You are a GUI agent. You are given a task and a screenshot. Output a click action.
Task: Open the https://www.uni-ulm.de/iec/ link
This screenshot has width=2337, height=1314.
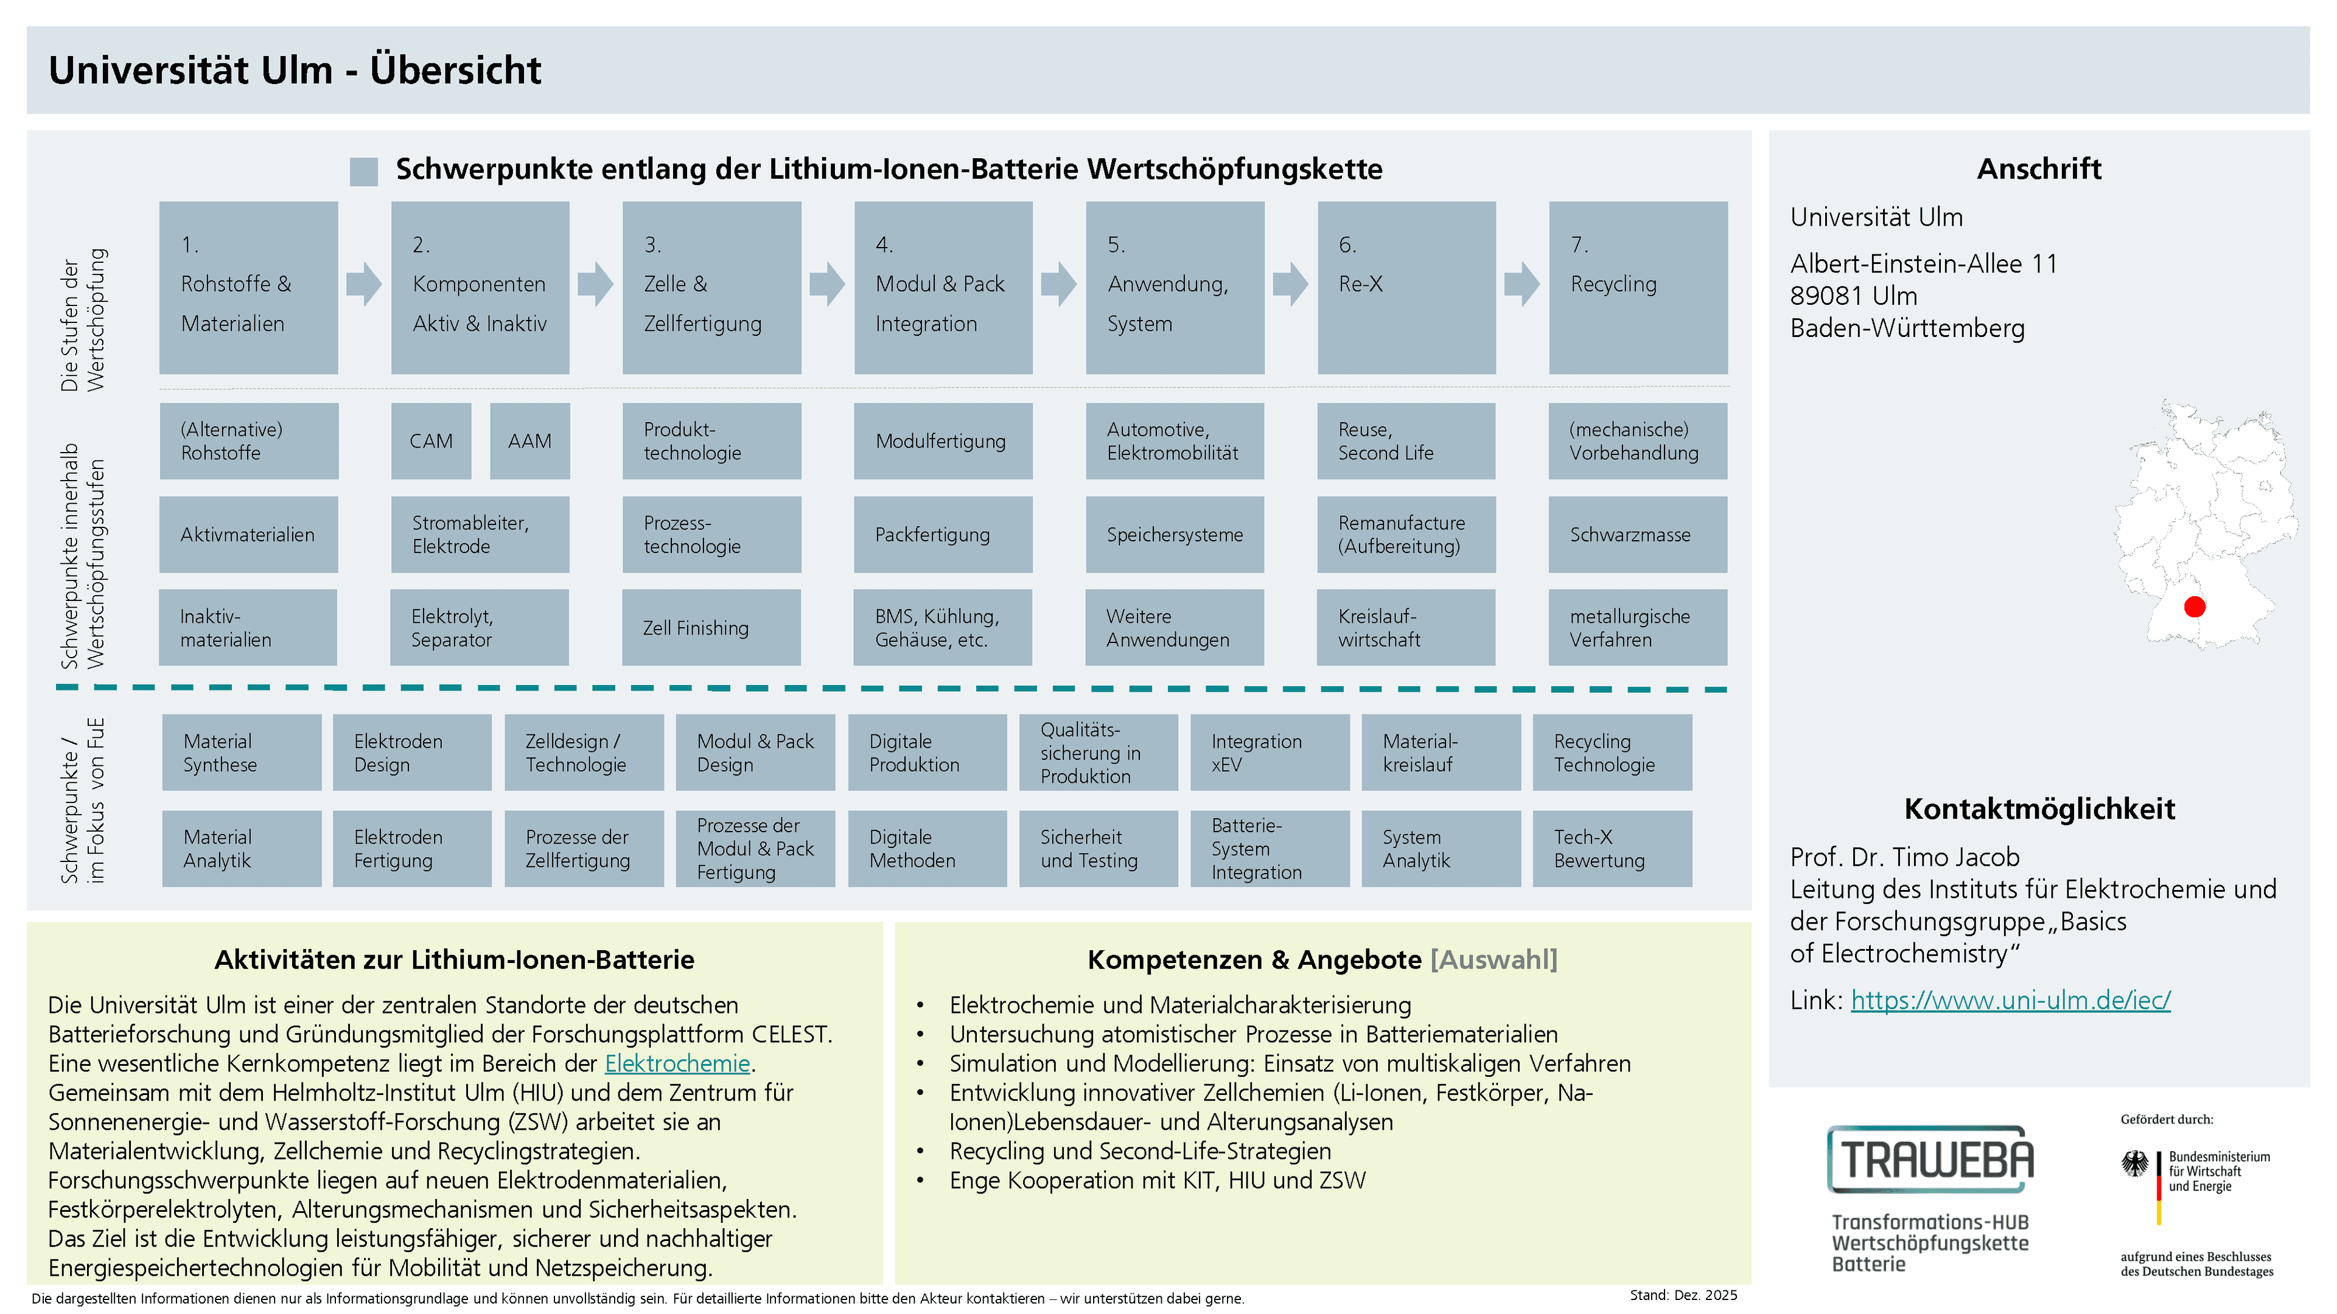2010,999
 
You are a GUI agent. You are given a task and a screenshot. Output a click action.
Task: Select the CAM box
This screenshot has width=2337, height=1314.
431,440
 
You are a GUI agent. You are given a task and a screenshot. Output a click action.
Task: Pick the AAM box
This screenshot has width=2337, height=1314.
530,440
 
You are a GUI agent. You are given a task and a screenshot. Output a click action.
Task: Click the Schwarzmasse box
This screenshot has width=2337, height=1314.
1638,534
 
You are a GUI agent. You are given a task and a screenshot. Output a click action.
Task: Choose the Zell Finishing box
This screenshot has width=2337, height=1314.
711,628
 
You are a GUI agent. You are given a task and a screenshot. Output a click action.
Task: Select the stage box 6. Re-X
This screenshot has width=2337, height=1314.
1406,288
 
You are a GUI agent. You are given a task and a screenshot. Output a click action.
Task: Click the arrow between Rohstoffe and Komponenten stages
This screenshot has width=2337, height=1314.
364,284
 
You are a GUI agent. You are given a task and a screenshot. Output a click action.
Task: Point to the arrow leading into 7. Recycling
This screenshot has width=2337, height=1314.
1521,284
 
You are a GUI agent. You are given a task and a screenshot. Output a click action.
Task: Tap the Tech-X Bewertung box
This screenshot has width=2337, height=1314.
1612,849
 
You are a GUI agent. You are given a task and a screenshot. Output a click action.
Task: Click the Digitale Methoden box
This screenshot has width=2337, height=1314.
927,849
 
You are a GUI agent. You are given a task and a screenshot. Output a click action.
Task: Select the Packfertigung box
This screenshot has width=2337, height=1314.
943,534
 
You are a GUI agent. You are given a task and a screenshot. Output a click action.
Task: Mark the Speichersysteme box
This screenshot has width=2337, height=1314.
1175,534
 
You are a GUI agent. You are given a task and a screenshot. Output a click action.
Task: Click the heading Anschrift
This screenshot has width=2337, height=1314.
2039,169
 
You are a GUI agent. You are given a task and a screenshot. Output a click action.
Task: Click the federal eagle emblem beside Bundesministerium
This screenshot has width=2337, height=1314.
2135,1164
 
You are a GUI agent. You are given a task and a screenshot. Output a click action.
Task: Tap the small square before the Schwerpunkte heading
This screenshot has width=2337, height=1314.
364,172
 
